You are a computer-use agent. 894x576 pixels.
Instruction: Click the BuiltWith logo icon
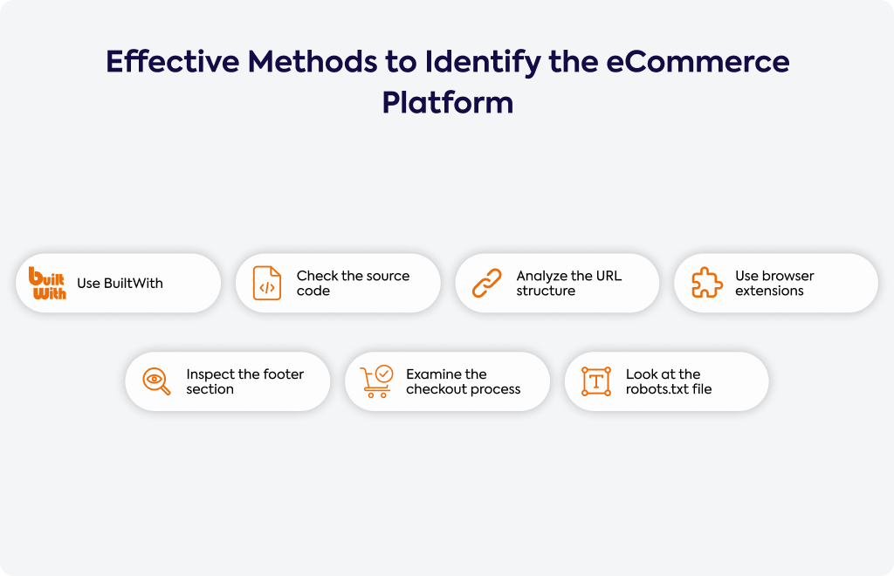point(47,283)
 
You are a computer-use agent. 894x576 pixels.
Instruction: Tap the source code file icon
point(267,283)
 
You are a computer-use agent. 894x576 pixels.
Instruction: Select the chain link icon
point(487,283)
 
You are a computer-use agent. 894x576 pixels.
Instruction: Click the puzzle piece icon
point(707,283)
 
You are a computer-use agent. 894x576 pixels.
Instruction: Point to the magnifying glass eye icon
point(155,381)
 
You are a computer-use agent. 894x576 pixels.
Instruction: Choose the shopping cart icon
point(376,381)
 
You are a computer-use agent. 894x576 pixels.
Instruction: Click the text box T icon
point(596,381)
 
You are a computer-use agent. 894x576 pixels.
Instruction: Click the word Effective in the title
point(173,61)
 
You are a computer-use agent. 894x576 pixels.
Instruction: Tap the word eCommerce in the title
point(698,61)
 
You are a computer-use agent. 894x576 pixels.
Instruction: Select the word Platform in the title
point(448,103)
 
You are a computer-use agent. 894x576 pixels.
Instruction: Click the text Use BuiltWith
point(120,283)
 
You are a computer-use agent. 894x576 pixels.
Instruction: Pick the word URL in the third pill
point(609,276)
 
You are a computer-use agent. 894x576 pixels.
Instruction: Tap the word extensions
point(769,291)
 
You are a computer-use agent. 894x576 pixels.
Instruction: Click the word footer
point(284,374)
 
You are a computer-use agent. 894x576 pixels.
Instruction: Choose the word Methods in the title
point(313,61)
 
